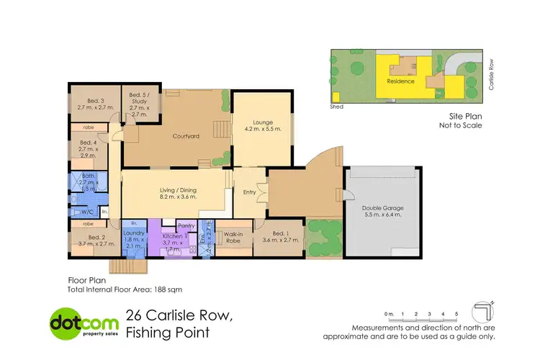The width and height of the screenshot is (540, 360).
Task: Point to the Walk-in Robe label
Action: pyautogui.click(x=233, y=238)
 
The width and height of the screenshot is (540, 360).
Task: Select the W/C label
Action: pyautogui.click(x=87, y=212)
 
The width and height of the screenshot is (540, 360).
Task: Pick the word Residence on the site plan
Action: pyautogui.click(x=401, y=81)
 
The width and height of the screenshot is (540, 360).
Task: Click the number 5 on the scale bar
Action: pyautogui.click(x=456, y=315)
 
